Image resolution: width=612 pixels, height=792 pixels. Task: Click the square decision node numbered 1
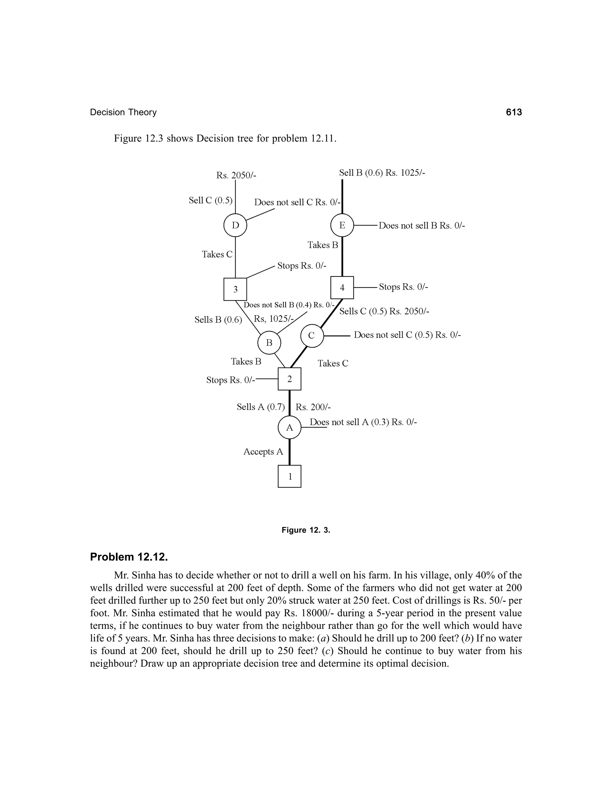point(289,476)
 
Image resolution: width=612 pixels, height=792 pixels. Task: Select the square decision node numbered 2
point(289,379)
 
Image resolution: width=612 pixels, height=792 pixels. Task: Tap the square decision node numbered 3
point(235,289)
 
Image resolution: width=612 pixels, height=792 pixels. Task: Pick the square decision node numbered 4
point(342,288)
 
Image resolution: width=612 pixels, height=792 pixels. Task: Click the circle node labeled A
point(289,428)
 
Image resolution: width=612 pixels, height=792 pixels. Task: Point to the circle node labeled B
point(269,342)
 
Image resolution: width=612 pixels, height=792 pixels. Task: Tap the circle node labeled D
point(235,225)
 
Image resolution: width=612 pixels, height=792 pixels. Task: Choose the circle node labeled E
point(342,225)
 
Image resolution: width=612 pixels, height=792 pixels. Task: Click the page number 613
point(514,112)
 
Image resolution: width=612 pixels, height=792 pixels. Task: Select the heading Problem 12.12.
point(129,557)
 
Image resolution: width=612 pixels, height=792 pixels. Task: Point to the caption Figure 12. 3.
point(306,530)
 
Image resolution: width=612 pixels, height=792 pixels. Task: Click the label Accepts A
point(263,452)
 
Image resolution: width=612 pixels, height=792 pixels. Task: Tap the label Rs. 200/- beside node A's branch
point(313,407)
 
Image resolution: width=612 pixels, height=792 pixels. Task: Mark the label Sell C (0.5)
point(210,201)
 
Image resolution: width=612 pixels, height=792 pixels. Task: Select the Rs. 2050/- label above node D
point(236,175)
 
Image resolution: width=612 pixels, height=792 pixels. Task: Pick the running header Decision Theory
point(123,112)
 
